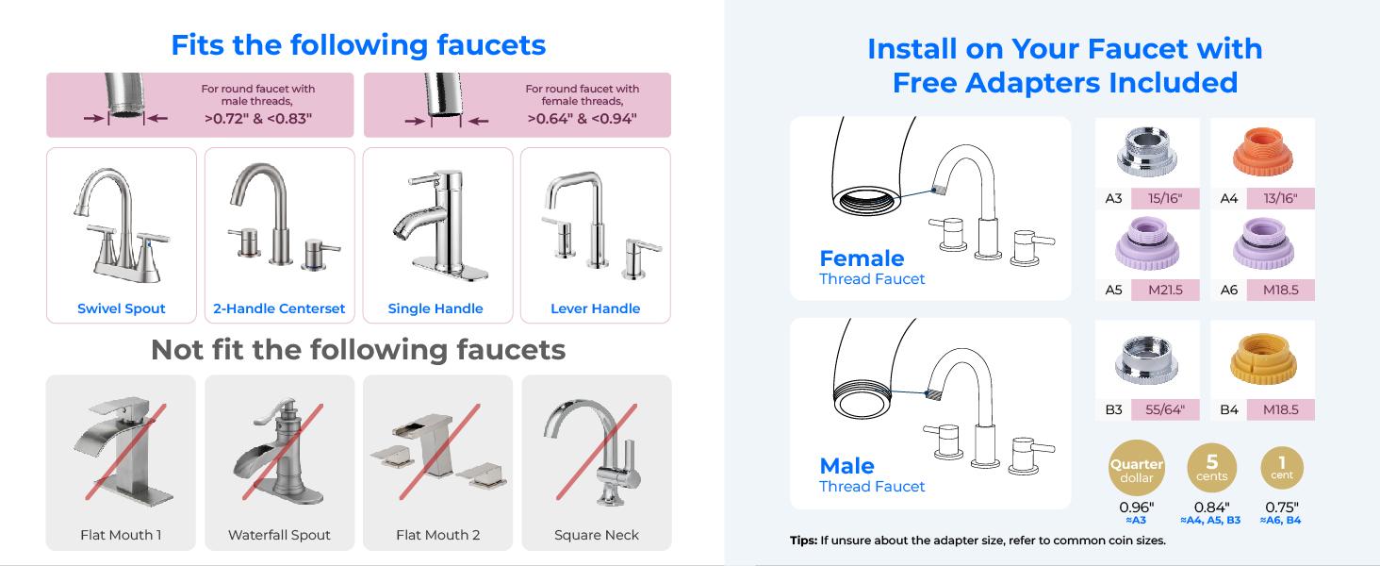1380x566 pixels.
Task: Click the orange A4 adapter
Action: [1262, 153]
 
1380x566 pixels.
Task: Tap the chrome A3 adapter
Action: [1146, 153]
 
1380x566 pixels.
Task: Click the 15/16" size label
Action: [1165, 198]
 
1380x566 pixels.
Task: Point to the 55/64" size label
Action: [1165, 409]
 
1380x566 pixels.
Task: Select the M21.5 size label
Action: [1165, 290]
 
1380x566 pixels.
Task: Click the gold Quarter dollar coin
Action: [1137, 469]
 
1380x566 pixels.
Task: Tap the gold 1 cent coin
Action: [1282, 467]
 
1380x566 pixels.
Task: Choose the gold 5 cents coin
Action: [1212, 467]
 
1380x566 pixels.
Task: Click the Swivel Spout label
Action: [122, 308]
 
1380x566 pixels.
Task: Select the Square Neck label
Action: [597, 535]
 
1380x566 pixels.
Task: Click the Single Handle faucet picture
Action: [435, 226]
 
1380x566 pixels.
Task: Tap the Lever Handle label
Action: [595, 308]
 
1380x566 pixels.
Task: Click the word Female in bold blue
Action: [862, 258]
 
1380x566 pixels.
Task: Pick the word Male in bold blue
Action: [846, 466]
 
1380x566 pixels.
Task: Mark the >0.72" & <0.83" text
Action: [258, 119]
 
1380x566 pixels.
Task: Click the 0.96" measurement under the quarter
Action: [1136, 508]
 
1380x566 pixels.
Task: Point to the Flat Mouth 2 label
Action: [438, 535]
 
